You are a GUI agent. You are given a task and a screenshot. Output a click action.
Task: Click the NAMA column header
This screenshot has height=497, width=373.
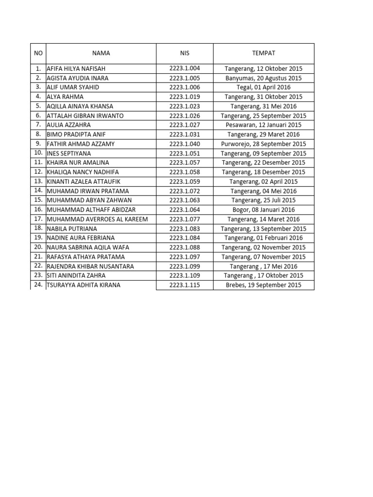point(101,53)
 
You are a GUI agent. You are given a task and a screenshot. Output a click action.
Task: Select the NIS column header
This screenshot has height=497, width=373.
point(185,53)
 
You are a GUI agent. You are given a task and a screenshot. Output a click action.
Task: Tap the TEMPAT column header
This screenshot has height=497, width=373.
point(263,53)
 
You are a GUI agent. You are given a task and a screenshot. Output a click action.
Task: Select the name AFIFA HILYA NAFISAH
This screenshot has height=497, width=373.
point(76,69)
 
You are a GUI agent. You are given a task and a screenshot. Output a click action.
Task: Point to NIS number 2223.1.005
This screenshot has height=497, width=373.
point(185,78)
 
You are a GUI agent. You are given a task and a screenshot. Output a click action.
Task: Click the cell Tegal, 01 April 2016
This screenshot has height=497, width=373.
point(263,87)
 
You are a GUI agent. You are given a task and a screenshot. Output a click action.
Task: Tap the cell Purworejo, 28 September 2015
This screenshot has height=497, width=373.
point(263,144)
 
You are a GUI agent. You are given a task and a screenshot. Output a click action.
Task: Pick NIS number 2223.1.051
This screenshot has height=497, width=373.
point(185,153)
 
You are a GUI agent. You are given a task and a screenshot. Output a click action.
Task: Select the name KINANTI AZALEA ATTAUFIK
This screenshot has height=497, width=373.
point(83,182)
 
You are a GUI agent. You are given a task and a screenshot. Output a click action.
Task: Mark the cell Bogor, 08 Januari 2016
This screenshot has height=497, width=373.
point(263,210)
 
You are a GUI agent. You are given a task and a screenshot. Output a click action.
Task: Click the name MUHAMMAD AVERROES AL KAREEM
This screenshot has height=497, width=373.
point(97,219)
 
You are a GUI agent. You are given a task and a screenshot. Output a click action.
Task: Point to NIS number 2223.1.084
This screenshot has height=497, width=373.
point(185,238)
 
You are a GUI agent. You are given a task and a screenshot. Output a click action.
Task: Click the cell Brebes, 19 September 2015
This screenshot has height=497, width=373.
point(263,285)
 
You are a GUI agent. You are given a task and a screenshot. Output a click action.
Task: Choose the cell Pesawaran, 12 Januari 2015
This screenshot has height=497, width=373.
point(263,125)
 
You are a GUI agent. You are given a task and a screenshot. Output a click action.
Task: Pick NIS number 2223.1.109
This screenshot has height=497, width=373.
point(185,276)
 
